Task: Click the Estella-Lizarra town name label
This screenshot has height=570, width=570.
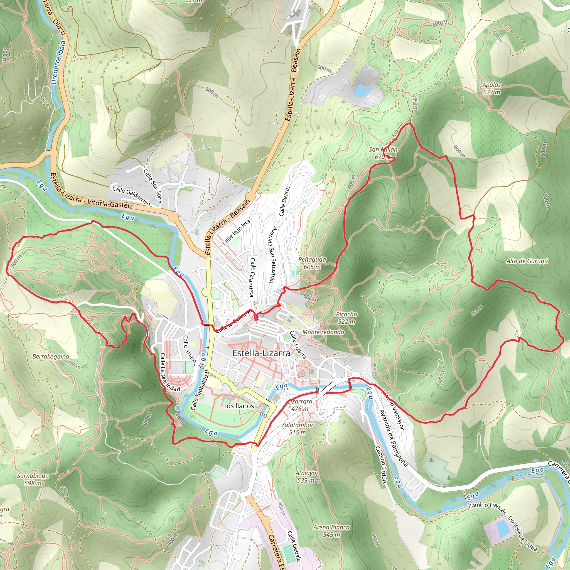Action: pos(261,353)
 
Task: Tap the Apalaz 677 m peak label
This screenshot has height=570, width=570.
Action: pos(492,89)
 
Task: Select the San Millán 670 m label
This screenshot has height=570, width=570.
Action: pos(383,153)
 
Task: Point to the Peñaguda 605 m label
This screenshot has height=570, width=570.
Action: pos(312,263)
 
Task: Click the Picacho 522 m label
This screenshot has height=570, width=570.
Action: pos(346,318)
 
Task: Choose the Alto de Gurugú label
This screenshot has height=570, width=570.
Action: pos(527,261)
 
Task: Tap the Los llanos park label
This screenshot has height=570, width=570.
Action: pos(239,406)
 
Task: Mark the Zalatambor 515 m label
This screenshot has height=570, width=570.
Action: pos(298,429)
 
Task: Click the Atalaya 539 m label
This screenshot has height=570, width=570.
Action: pos(306,476)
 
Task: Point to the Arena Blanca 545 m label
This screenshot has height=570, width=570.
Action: pos(331,531)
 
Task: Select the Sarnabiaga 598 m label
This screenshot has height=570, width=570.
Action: pos(33,480)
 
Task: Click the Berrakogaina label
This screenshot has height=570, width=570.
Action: pos(51,357)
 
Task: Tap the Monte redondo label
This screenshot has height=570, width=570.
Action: pos(323,332)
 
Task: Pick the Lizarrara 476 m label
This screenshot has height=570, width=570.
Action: pos(300,405)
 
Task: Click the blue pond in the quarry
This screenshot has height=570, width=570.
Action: pos(363,90)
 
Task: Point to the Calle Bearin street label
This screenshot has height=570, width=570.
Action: pos(285,201)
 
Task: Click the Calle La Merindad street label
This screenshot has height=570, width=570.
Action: pos(170,372)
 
